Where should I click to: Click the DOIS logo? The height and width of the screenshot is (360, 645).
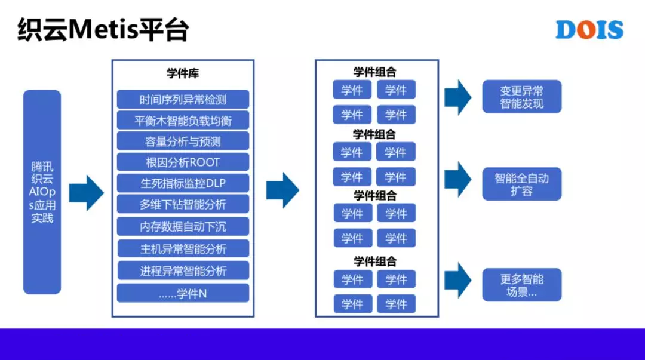[x=589, y=30]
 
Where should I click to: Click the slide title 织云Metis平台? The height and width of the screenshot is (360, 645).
[x=103, y=30]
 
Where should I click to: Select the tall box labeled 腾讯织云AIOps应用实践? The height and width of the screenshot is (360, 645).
[x=42, y=192]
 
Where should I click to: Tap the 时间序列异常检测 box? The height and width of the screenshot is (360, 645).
[x=183, y=100]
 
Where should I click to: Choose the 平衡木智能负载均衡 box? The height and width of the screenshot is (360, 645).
[x=183, y=121]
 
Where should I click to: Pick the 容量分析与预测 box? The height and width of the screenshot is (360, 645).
[x=183, y=141]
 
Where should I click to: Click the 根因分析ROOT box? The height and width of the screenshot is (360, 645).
[x=183, y=162]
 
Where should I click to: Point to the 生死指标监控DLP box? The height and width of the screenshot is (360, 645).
[x=183, y=183]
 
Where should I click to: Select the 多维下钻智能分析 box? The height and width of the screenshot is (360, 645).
[x=183, y=204]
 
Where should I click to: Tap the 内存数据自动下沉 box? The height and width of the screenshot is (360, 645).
[x=183, y=226]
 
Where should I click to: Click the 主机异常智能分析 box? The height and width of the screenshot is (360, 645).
[x=183, y=248]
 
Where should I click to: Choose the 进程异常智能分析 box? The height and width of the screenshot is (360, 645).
[x=183, y=270]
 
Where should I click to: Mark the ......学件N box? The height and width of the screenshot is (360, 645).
[x=183, y=293]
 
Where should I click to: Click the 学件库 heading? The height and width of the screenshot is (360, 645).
[x=183, y=73]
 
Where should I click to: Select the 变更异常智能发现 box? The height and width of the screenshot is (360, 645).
[x=521, y=97]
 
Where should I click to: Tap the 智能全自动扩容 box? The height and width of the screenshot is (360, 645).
[x=521, y=184]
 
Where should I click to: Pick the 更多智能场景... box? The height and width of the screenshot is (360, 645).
[x=521, y=285]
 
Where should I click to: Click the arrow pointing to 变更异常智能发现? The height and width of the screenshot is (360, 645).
[x=458, y=97]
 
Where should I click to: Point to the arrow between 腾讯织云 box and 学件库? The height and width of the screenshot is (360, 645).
[x=87, y=193]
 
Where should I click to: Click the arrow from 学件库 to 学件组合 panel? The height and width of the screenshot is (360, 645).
[x=282, y=190]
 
